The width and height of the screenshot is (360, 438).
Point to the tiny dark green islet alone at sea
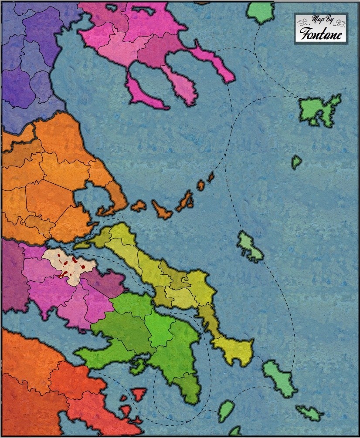pyautogui.click(x=296, y=162)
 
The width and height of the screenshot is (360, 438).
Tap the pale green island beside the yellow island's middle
pyautogui.click(x=249, y=247)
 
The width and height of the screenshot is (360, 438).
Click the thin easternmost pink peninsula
pyautogui.click(x=214, y=61)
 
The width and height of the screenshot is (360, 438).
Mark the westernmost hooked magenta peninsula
pyautogui.click(x=142, y=94)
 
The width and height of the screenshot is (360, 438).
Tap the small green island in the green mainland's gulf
pyautogui.click(x=138, y=367)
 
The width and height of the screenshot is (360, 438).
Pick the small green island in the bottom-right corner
pyautogui.click(x=310, y=412)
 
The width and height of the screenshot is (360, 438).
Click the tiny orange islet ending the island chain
pyautogui.click(x=211, y=176)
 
